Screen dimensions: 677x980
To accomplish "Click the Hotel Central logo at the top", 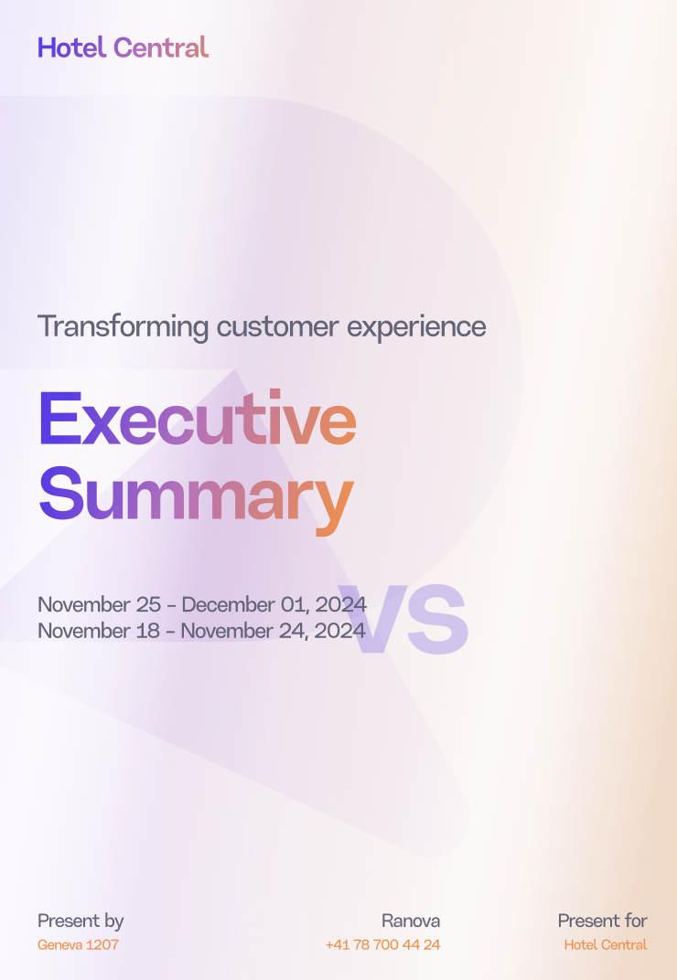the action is tap(123, 48).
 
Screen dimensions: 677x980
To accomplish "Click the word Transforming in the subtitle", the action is tap(124, 327).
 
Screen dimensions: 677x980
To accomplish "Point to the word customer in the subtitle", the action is tap(278, 327).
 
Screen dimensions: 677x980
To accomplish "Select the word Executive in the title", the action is tap(198, 418).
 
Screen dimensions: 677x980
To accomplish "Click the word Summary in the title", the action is tap(197, 499).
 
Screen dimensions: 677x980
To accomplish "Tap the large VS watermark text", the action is tap(403, 620).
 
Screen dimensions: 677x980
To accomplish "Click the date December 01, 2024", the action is tap(274, 605).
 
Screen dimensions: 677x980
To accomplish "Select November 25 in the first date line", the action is tap(100, 605).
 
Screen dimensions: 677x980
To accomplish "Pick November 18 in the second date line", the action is tap(99, 631).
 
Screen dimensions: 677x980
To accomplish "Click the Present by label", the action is tap(81, 921).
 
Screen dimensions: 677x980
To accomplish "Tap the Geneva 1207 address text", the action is tap(78, 945).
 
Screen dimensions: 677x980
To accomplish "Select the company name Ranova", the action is tap(411, 921).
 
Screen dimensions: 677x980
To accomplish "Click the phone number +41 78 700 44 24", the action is tap(383, 945).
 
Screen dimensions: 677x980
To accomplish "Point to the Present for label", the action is tap(603, 921).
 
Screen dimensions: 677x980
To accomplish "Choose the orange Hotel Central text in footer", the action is tap(606, 945).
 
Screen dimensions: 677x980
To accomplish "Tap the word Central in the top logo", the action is tap(161, 48).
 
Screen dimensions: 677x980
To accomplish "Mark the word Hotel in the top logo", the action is tap(72, 48).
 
